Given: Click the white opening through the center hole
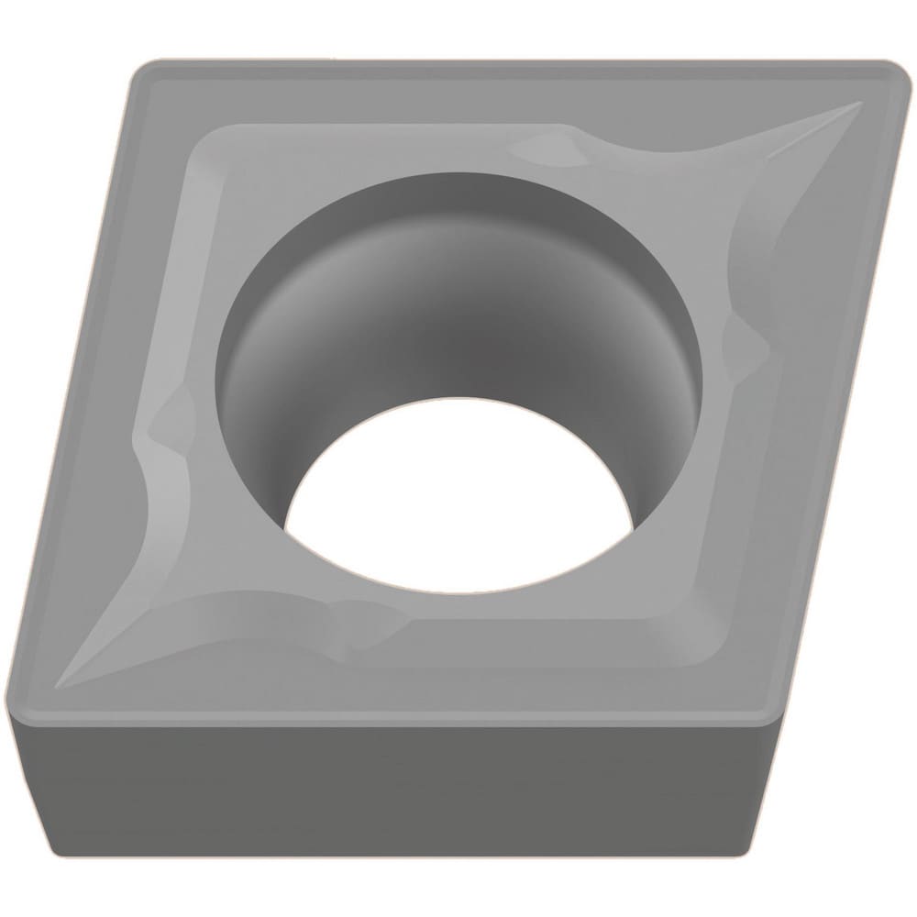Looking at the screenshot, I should pyautogui.click(x=458, y=486).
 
